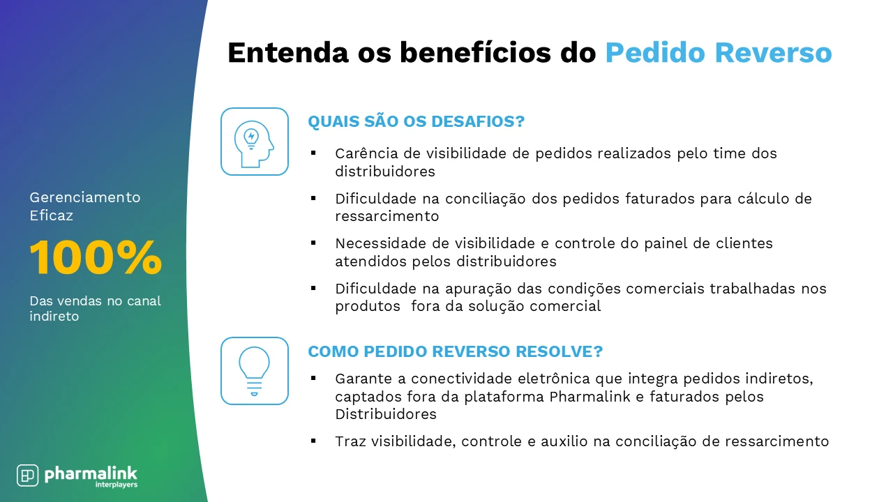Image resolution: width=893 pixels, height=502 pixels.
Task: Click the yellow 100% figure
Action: click(x=96, y=258)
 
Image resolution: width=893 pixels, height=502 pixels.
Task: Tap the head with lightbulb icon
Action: click(x=254, y=142)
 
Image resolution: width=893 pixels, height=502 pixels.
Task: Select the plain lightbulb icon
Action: click(x=254, y=370)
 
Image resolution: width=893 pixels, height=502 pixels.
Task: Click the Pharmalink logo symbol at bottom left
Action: click(x=27, y=475)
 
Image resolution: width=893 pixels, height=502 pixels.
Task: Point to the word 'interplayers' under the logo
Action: click(x=117, y=485)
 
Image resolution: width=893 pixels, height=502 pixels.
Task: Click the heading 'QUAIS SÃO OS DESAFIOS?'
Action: click(x=416, y=121)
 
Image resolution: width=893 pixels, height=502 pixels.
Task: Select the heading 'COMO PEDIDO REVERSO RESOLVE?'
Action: click(x=455, y=351)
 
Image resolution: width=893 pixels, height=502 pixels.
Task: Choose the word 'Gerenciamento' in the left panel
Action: click(x=85, y=197)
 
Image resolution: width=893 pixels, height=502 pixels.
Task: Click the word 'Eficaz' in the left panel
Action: click(x=51, y=215)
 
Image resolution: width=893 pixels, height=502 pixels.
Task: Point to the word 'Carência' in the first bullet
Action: click(x=362, y=153)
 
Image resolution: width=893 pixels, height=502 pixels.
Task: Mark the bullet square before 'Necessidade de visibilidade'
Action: click(x=313, y=243)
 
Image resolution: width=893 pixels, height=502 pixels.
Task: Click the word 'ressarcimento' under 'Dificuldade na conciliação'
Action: click(x=387, y=216)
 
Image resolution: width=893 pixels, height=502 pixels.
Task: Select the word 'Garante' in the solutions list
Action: click(x=361, y=379)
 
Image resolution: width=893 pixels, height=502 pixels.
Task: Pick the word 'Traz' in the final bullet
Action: click(x=347, y=441)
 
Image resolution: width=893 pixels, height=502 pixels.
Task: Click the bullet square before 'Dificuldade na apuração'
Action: click(x=313, y=287)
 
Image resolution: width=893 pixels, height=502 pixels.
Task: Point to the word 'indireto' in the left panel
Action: click(x=54, y=316)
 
